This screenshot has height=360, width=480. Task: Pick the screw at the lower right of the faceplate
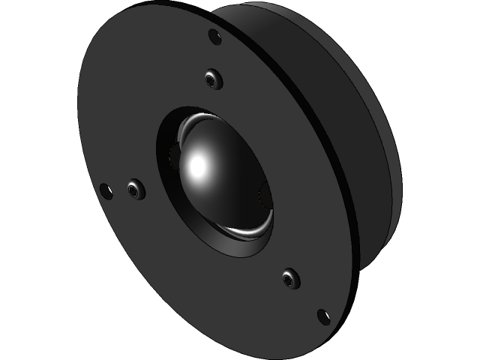click(290, 279)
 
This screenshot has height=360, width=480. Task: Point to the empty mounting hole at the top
click(214, 35)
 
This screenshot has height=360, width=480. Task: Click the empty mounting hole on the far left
click(106, 191)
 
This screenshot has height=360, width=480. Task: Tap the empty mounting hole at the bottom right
click(324, 316)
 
